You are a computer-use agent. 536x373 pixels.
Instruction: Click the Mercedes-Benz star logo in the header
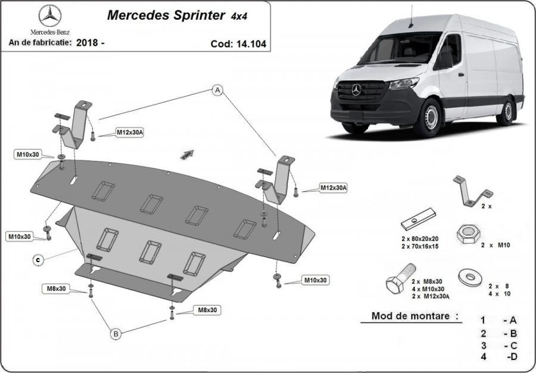pos(50,15)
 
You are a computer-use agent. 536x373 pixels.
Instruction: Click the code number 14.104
pos(251,44)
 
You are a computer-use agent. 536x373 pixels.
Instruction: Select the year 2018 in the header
pos(85,43)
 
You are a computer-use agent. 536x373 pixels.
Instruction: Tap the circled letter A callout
pos(217,90)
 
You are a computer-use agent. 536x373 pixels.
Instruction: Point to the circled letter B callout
pos(116,334)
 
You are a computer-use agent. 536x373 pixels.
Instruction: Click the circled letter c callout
pos(38,260)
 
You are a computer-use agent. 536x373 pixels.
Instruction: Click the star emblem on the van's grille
pos(356,89)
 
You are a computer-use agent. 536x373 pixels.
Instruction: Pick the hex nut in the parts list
pos(468,234)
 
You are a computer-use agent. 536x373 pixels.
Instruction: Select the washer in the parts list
pos(470,277)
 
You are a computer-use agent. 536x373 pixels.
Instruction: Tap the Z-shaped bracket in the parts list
pos(472,191)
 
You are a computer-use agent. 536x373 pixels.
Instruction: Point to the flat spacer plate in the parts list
pos(418,219)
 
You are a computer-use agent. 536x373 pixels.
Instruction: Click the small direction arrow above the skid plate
pos(187,154)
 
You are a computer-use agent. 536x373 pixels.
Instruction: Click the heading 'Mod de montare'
pos(410,316)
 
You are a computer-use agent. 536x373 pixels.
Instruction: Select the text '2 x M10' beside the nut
pos(496,245)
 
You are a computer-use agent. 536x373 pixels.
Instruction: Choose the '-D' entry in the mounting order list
pos(512,356)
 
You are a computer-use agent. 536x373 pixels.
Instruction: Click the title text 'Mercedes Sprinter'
pos(166,15)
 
